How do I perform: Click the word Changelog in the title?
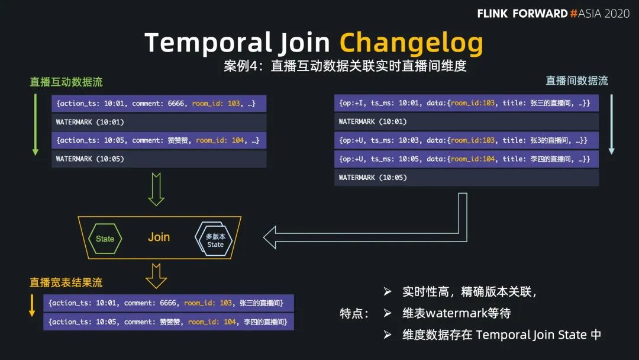click(411, 42)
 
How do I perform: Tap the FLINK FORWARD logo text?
click(522, 14)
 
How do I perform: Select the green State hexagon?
click(105, 239)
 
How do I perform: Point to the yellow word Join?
click(159, 237)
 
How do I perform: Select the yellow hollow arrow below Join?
click(156, 275)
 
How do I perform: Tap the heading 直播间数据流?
click(577, 81)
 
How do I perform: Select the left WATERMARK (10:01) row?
click(159, 122)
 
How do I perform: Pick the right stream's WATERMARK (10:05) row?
click(466, 178)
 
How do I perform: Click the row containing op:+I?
click(466, 104)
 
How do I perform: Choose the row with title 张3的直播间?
click(466, 140)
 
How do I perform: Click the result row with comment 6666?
click(169, 303)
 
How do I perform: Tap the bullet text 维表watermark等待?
click(456, 313)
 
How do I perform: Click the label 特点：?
click(355, 313)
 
